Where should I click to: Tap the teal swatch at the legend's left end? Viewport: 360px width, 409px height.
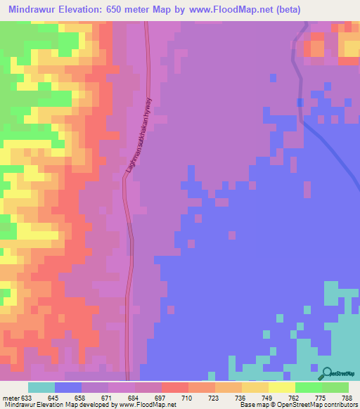(x=41, y=387)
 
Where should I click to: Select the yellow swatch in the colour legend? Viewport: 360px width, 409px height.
(x=281, y=387)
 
